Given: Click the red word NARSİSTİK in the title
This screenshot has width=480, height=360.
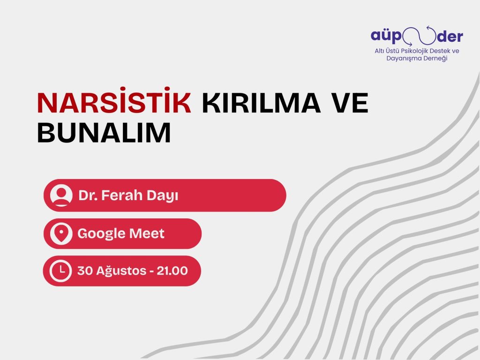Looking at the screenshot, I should (x=114, y=104).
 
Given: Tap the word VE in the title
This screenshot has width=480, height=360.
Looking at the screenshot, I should (x=349, y=104).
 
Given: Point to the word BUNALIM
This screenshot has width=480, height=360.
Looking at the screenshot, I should (x=104, y=133).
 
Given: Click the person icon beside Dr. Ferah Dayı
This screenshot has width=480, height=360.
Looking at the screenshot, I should (x=61, y=195).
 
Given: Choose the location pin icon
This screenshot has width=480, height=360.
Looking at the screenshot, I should (x=61, y=233).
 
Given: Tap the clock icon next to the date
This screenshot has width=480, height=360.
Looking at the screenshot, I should (x=61, y=270).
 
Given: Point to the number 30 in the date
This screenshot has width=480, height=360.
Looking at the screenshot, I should (x=85, y=270).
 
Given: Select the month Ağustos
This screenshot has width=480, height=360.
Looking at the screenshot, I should (x=119, y=271).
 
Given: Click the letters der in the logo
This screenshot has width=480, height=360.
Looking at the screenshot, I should (x=449, y=36).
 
